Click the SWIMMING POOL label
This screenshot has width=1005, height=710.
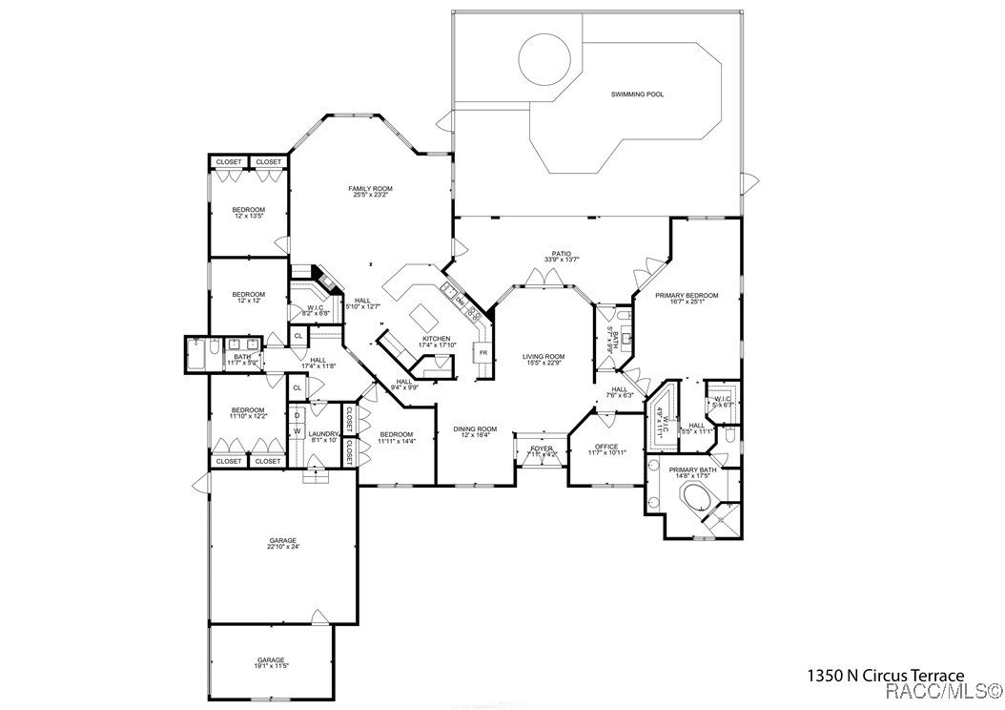(637, 94)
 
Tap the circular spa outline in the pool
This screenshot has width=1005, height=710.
(546, 58)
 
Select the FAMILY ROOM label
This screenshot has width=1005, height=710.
(371, 189)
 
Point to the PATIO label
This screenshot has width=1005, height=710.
(563, 253)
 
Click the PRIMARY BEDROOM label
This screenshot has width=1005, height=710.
(687, 296)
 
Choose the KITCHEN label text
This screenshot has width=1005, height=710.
(436, 339)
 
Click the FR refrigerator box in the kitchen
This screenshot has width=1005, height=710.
(483, 353)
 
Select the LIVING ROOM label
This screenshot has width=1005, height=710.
(544, 357)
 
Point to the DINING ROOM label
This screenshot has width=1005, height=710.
(475, 429)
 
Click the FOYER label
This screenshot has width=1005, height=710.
(542, 448)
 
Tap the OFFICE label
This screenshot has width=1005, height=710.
(606, 447)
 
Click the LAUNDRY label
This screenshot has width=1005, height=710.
(324, 434)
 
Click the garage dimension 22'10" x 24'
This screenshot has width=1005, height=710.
(283, 547)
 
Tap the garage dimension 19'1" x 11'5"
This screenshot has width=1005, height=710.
(271, 666)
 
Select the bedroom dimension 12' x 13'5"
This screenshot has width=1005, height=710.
(249, 217)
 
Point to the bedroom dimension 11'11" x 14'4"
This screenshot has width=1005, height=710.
(396, 441)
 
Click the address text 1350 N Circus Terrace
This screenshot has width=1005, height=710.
(886, 675)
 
